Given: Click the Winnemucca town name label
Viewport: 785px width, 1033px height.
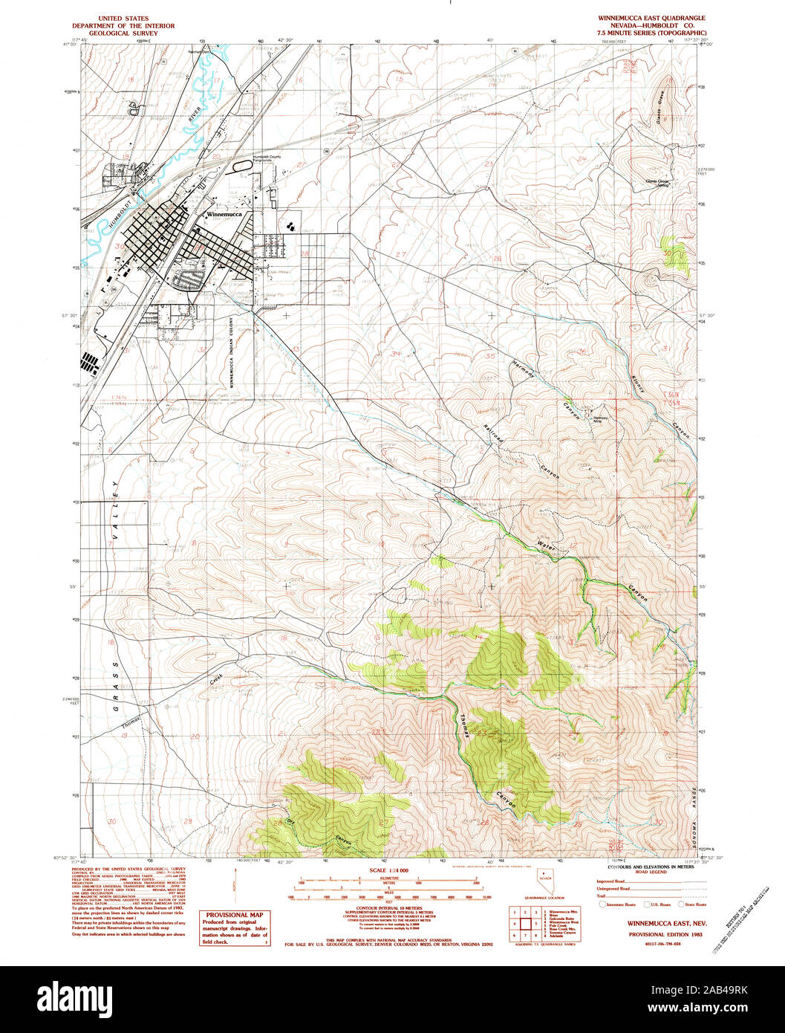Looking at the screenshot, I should coord(230,213).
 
